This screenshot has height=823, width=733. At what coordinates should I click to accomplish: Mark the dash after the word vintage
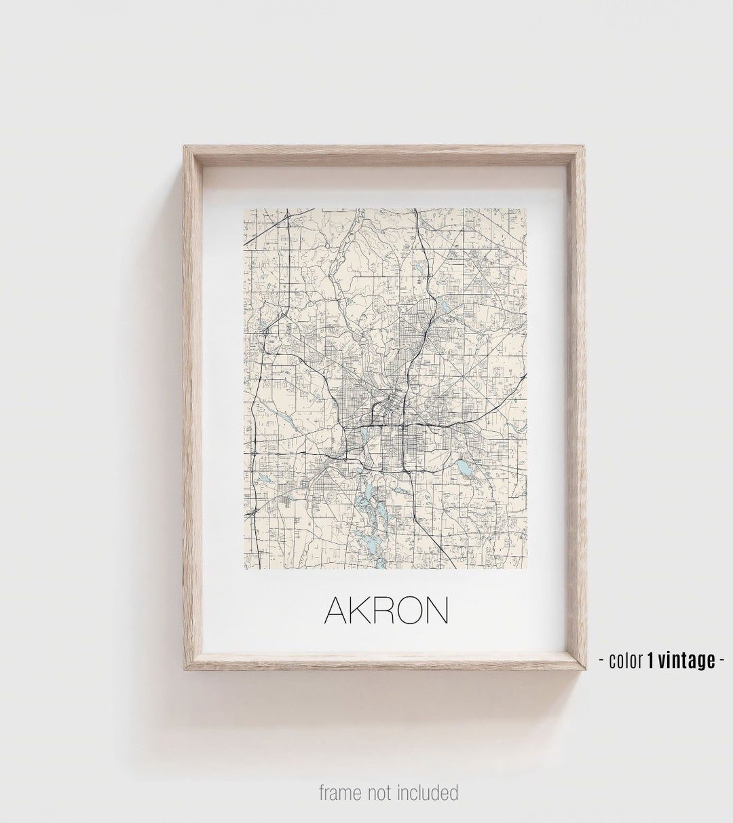coord(721,660)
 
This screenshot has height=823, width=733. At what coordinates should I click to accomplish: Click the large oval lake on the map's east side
coord(464,467)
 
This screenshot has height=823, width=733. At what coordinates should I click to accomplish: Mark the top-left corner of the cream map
coord(244,209)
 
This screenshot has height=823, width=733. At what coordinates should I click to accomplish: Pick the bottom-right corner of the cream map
coord(527,568)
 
